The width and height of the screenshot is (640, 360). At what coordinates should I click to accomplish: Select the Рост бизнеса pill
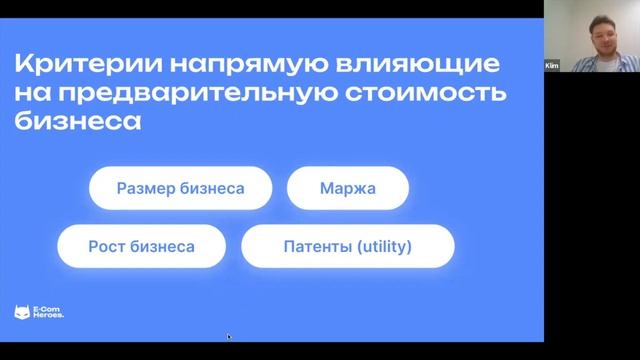pos(141,245)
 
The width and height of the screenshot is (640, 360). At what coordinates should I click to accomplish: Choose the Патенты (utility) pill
pos(347,245)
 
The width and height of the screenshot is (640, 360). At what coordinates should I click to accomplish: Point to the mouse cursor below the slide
pos(229,337)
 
